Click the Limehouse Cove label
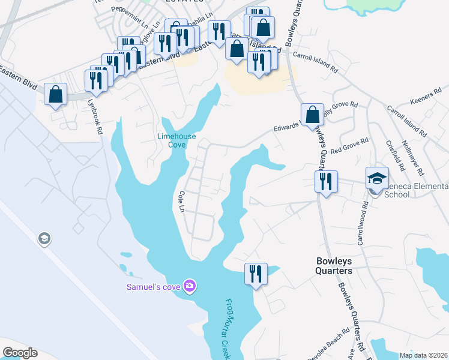176,140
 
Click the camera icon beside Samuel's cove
190,286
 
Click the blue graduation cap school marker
377,178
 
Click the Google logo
20,353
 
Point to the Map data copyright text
424,355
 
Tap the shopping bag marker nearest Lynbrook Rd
55,95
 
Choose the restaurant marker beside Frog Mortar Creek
255,274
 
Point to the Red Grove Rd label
350,144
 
